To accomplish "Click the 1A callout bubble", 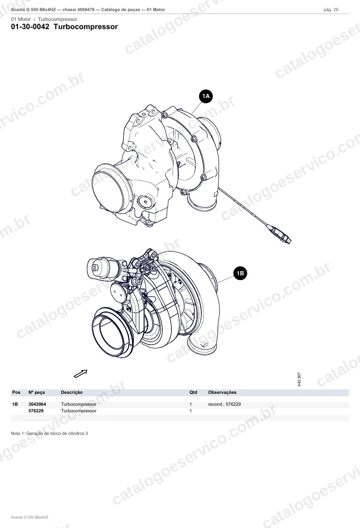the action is click(206, 96).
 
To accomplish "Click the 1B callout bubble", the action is click(240, 273).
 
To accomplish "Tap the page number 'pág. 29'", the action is click(331, 10).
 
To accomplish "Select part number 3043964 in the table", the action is click(37, 404).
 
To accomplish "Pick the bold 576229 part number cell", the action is click(36, 411).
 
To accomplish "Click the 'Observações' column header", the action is click(222, 392).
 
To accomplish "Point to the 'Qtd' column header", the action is click(193, 392).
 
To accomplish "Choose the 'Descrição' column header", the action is click(72, 392).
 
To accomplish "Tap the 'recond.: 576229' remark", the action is click(224, 404).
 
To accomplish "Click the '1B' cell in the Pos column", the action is click(15, 404).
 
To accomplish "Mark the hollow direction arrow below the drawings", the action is click(81, 373).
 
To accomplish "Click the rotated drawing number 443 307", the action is click(299, 379).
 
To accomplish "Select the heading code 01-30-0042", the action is click(30, 27).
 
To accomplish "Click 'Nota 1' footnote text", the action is click(49, 433).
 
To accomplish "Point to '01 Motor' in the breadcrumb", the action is click(21, 19).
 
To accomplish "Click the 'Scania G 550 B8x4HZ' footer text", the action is click(30, 517).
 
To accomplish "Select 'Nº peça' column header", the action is click(36, 392).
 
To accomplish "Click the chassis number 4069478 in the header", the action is click(86, 10).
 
